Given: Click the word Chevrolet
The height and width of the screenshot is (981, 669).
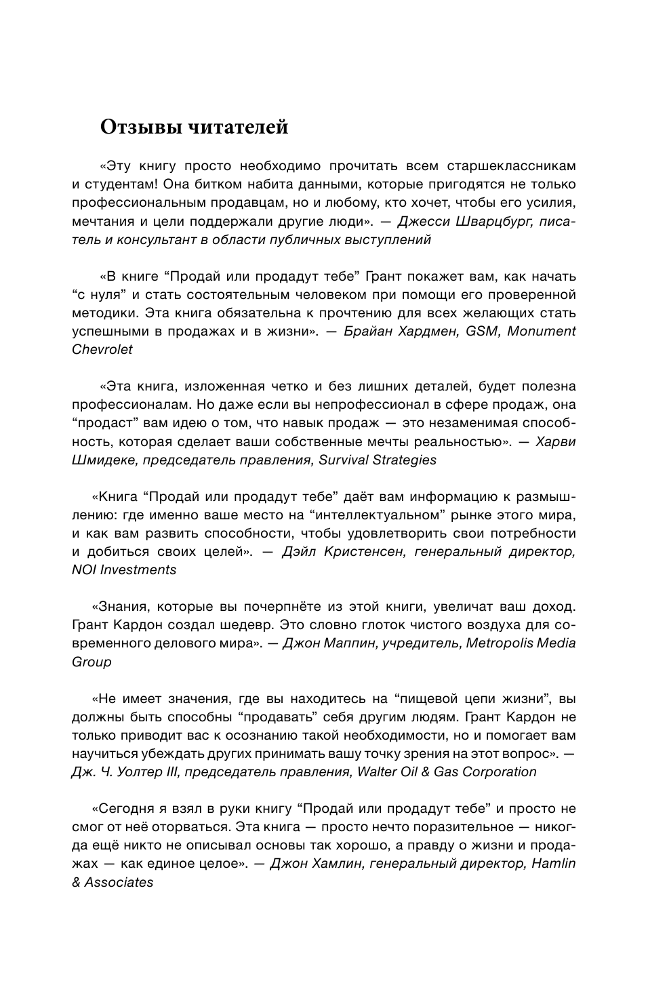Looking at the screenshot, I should click(102, 349).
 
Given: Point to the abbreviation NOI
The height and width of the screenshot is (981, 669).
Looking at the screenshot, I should click(84, 569).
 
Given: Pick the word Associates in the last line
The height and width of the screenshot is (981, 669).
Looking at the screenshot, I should click(119, 882).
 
